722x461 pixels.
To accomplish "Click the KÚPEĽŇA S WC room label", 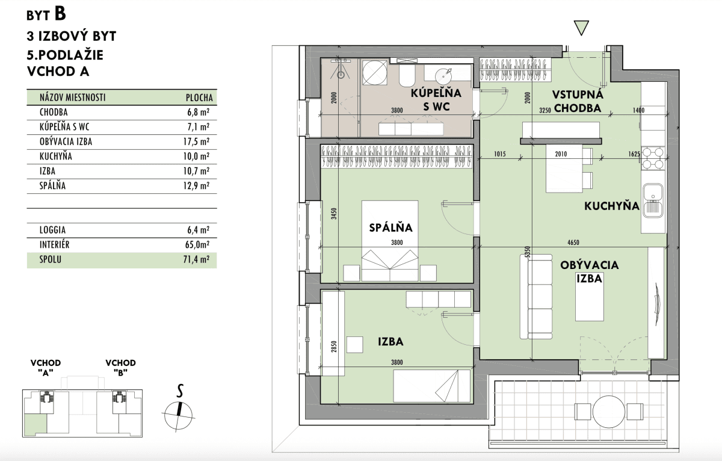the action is [436, 100].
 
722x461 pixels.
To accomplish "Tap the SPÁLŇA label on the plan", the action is [390, 228].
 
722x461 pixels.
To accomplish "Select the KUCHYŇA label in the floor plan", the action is [612, 206].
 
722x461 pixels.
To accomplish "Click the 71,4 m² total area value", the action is [196, 259].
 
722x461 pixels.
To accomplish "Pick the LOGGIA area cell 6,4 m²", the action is [198, 230].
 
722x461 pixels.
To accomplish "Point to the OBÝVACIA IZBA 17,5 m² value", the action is [196, 141].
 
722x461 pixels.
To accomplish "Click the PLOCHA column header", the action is [199, 97].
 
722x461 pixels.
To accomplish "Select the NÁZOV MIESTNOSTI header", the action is [73, 97].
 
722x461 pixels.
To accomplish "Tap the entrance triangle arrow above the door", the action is [581, 28].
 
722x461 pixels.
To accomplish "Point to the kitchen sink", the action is [653, 200].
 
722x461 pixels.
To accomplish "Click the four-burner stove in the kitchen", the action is [653, 158].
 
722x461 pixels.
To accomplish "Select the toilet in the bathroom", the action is [408, 76].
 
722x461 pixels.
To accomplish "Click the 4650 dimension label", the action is [573, 243].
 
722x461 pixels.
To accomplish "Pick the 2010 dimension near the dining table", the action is [561, 154].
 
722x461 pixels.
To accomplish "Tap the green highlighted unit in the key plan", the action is [35, 425].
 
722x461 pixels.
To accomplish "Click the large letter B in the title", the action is [60, 14].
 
